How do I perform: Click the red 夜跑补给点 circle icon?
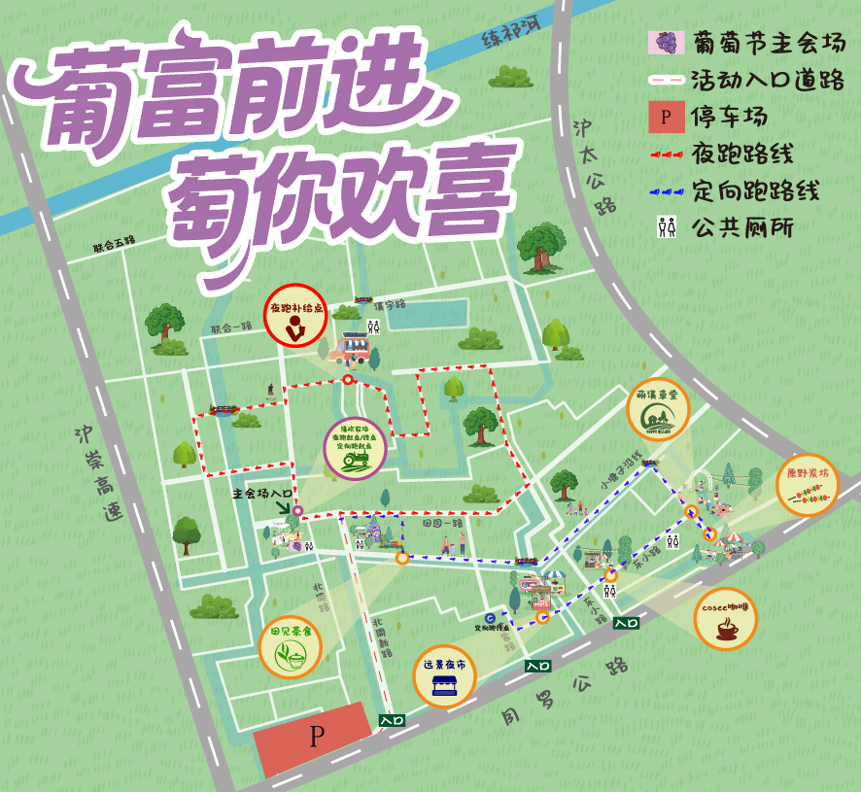pos(295,316)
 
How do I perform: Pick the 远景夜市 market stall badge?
pos(444,675)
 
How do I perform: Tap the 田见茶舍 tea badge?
pos(291,647)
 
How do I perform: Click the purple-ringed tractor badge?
pos(356,448)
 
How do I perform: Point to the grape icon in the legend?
pos(667,43)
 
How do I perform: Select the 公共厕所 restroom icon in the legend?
pos(667,227)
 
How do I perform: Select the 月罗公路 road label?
pos(564,691)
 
